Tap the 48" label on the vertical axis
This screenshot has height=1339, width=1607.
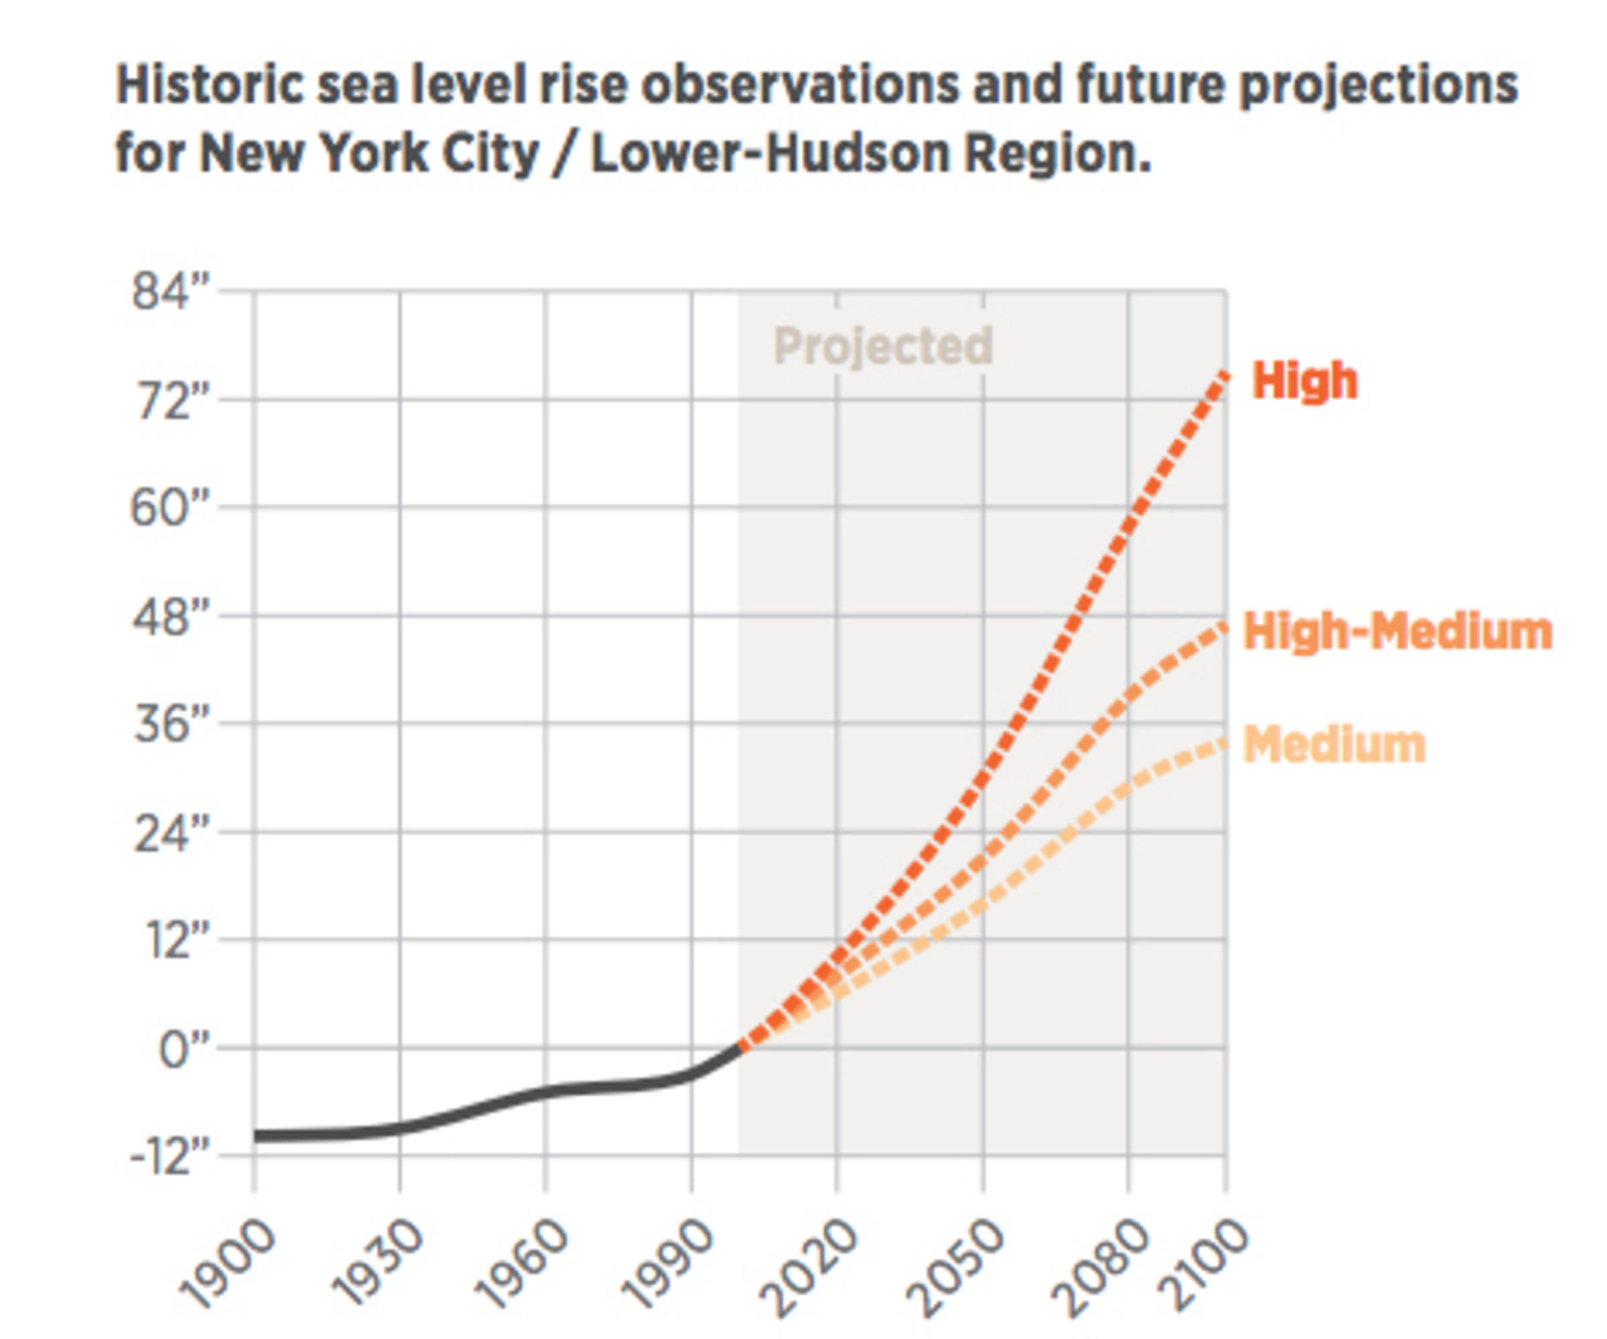coord(171,617)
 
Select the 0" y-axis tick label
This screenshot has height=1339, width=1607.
coord(183,1050)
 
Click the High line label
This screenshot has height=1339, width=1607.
coord(1305,380)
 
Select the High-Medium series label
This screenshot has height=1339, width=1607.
coord(1397,632)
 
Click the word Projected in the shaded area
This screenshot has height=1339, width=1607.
coord(883,346)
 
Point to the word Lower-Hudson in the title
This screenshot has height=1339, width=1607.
coord(770,153)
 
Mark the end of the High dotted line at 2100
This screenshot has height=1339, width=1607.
coord(1225,376)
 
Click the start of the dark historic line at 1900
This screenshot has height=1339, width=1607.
coord(256,1135)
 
